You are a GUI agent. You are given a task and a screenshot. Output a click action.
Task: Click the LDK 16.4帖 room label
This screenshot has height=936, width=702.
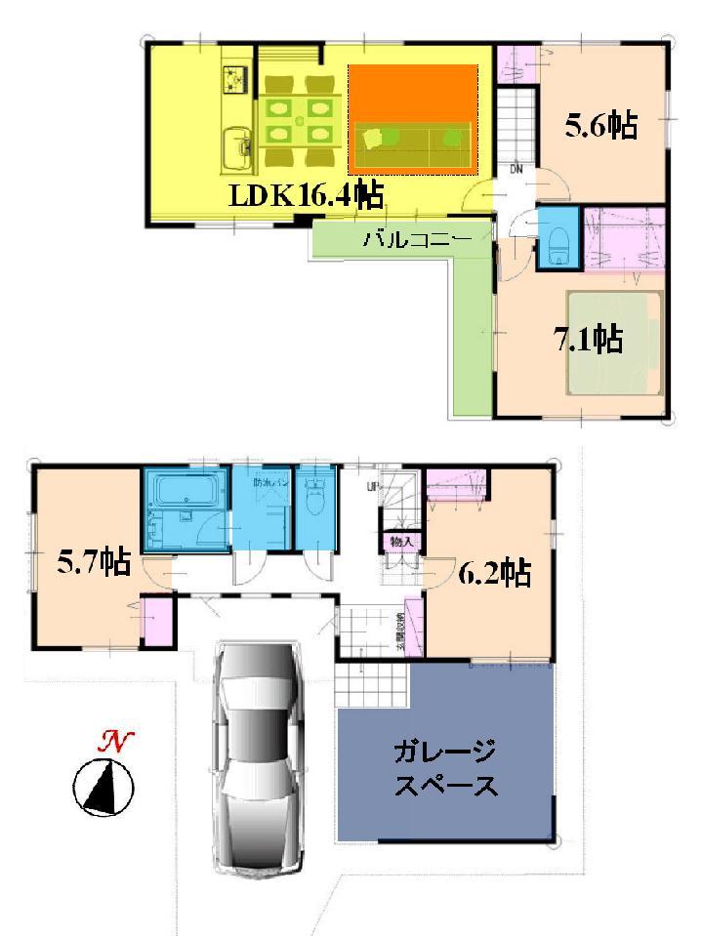coord(305,196)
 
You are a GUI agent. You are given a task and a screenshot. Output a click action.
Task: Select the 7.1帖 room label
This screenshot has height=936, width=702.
coord(589,340)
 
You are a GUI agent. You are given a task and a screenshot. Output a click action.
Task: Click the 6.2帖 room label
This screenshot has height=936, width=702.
coord(494,574)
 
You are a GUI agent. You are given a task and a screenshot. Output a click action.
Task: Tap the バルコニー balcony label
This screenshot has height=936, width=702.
coord(418,238)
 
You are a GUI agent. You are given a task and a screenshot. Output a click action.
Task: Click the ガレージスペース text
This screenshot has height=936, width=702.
coord(445,768)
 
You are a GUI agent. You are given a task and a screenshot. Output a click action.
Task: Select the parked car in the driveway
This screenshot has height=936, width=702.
coord(259,756)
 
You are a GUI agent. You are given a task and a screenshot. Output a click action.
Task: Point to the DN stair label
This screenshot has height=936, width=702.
coord(516,170)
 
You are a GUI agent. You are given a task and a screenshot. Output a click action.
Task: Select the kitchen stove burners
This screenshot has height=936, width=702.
coord(236,75)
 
